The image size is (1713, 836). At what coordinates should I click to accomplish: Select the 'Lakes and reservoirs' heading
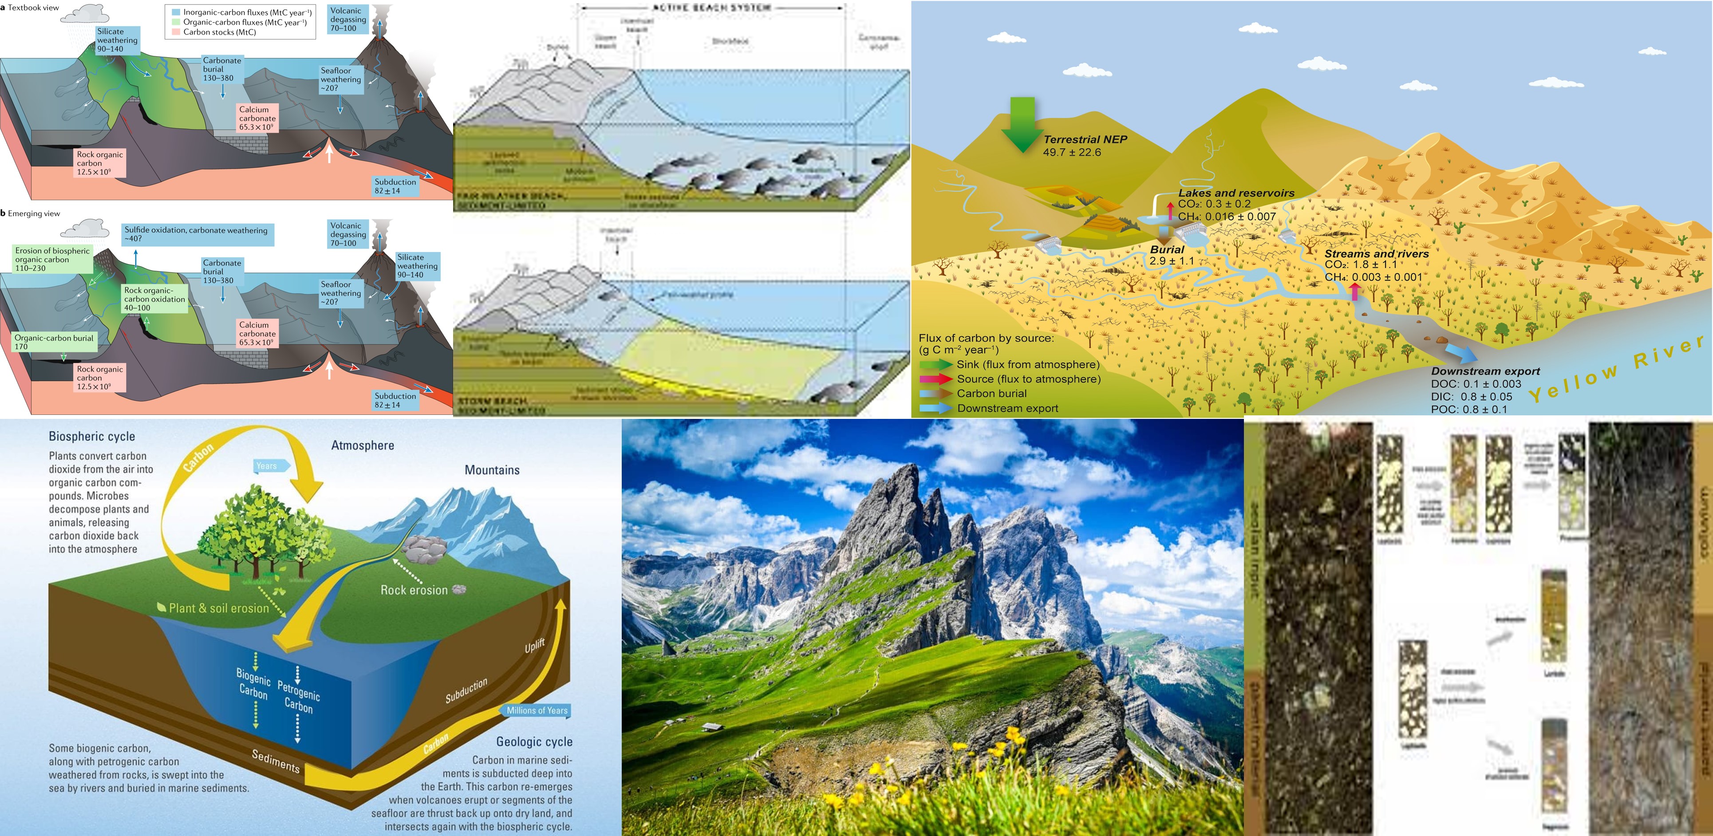click(1235, 193)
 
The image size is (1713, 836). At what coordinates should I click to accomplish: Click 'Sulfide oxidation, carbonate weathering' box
click(197, 234)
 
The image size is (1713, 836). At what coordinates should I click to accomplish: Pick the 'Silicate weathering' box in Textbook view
click(117, 40)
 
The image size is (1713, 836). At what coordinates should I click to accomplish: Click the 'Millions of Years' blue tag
click(537, 710)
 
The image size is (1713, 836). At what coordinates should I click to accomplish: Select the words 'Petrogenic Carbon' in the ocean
click(299, 696)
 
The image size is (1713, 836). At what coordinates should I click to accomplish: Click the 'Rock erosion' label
click(414, 590)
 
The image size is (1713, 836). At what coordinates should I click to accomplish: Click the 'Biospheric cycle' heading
click(92, 436)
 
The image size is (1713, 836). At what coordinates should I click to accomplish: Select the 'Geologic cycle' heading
click(533, 741)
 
